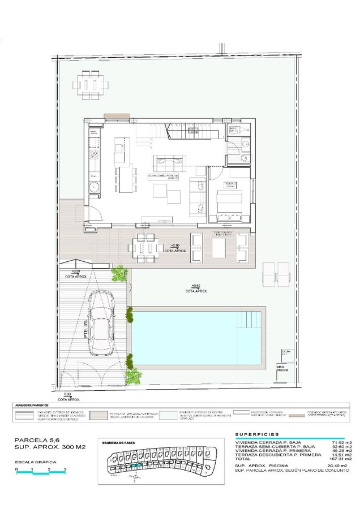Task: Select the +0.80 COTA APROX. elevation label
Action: (x=175, y=248)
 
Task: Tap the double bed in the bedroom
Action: (x=231, y=203)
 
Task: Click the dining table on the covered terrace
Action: (x=144, y=247)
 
